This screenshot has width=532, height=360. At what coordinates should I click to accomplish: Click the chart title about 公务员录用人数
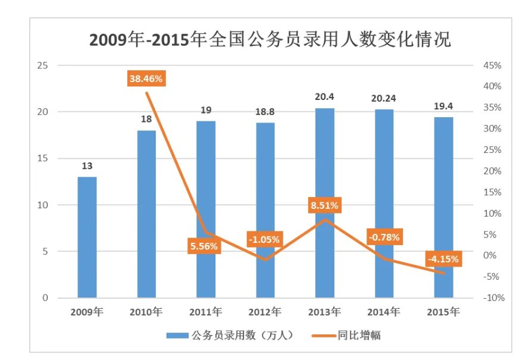coord(270,39)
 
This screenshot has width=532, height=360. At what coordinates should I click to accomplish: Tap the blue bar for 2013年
coord(325,202)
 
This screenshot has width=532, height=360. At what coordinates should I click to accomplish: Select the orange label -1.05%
coord(264,239)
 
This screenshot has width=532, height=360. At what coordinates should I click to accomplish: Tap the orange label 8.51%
coord(324,205)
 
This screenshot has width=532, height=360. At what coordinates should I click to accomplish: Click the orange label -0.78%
coord(383,237)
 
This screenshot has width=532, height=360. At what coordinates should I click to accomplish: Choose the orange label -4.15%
coord(443,259)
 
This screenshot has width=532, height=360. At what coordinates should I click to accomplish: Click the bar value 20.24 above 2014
coord(384,98)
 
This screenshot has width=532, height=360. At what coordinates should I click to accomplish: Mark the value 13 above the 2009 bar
coord(87,166)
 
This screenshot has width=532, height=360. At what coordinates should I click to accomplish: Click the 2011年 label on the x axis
coord(205,311)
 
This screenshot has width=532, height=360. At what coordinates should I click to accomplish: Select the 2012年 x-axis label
coord(265,311)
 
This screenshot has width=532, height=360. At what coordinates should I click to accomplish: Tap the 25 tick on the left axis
coord(42,65)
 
